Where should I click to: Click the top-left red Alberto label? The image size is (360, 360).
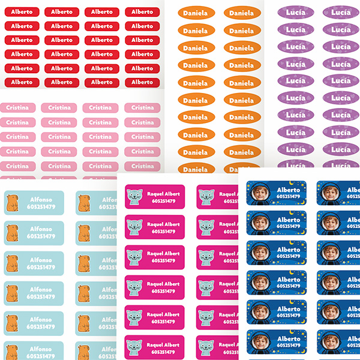pos(22,11)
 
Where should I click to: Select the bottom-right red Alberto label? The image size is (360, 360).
pos(142,82)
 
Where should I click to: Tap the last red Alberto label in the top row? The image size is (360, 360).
pos(142,11)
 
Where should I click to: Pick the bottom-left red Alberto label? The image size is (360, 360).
pos(22,82)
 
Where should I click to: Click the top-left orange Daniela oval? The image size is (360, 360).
pos(195,13)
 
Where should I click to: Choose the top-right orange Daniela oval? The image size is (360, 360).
pos(242,13)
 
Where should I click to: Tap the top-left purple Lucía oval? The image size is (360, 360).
pos(295,12)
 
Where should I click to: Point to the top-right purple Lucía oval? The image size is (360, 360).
pos(341,12)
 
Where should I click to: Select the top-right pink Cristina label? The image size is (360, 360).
pos(142,107)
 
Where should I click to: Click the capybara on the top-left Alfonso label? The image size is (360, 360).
pos(12,203)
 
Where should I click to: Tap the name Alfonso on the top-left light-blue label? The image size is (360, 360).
pos(41,199)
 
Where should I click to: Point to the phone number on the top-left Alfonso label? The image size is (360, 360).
pos(41,206)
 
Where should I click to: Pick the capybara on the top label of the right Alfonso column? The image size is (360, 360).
pos(83,203)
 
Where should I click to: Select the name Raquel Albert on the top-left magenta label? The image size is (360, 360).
pos(163,194)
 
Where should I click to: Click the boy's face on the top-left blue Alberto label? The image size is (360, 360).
pos(259,193)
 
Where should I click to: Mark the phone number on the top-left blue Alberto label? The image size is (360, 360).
pos(289,197)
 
